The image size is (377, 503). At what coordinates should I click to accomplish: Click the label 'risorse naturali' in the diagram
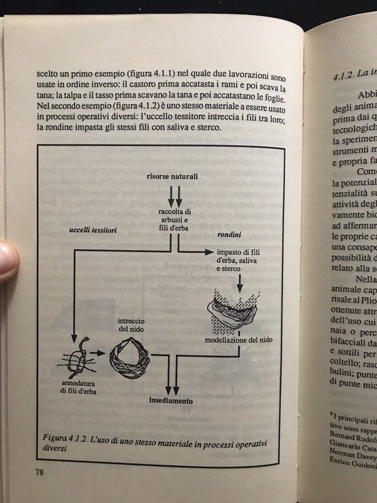[172, 177]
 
